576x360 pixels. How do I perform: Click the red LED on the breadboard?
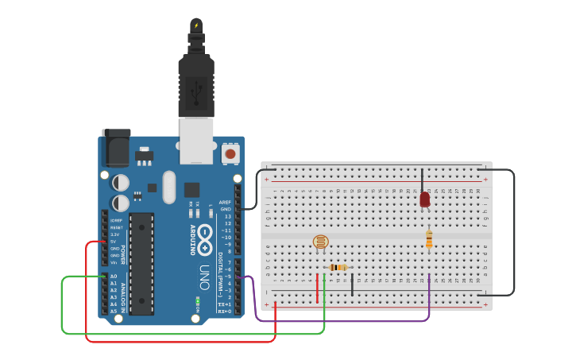click(425, 199)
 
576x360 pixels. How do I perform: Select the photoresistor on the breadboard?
click(320, 242)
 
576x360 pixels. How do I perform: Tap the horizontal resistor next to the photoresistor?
click(338, 268)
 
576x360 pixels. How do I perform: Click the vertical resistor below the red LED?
click(429, 238)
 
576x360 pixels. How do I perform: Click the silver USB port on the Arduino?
click(196, 141)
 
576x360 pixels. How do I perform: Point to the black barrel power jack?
click(115, 147)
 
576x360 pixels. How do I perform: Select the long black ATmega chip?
click(141, 263)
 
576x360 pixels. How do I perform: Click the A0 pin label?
click(114, 277)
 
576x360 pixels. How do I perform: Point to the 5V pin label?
click(114, 242)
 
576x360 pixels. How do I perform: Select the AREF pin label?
click(225, 203)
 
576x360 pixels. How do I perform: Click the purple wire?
click(342, 321)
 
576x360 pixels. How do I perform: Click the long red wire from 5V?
click(183, 342)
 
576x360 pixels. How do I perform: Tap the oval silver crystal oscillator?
click(168, 188)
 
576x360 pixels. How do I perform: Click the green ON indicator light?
click(197, 300)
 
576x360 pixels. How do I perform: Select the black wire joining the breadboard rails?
click(513, 230)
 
